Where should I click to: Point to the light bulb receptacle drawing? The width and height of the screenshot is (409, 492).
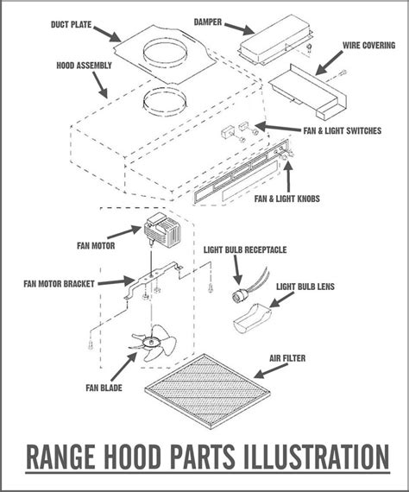(234, 292)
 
